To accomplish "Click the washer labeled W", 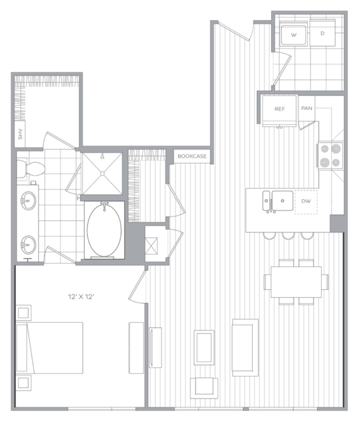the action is point(293,34).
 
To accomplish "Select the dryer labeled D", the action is point(322,33).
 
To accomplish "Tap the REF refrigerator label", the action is point(280,109).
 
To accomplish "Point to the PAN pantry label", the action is point(306,108).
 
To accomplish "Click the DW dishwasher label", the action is point(306,201).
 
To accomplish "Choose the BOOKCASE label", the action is point(192,156).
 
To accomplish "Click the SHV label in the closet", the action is point(21,134).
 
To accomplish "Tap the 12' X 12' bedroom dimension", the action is point(81,297).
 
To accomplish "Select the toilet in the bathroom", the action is point(30,168).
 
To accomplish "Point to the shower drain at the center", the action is point(103,173).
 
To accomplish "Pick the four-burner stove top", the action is point(331,156).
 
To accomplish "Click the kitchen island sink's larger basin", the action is point(283,201).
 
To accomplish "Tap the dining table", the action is point(296,282).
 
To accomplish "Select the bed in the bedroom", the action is point(50,348).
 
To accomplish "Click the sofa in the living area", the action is point(245,348).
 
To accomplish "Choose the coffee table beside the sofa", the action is point(204,348).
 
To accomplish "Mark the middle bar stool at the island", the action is point(289,236).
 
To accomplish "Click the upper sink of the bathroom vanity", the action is point(28,201).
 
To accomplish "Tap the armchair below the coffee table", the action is point(204,388).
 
